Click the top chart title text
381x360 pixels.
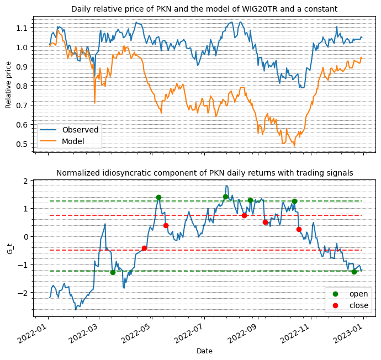pyautogui.click(x=204, y=9)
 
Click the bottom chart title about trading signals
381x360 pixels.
pyautogui.click(x=204, y=173)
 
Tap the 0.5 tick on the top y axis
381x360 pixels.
pyautogui.click(x=23, y=144)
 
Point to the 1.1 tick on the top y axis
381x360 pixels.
pyautogui.click(x=23, y=28)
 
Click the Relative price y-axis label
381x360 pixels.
pyautogui.click(x=9, y=83)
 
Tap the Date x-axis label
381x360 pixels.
pyautogui.click(x=204, y=351)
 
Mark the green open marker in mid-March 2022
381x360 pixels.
pyautogui.click(x=113, y=272)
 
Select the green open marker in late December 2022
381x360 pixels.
pyautogui.click(x=354, y=272)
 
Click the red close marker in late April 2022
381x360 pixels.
pyautogui.click(x=144, y=248)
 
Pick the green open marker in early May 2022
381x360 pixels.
pyautogui.click(x=158, y=197)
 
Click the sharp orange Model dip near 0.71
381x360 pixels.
pyautogui.click(x=94, y=102)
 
